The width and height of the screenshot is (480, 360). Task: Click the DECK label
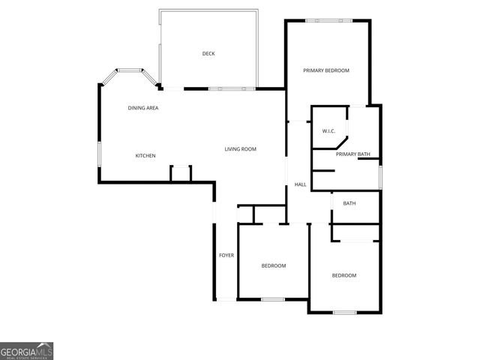pyautogui.click(x=208, y=53)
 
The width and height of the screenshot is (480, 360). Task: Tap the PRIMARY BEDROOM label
pyautogui.click(x=326, y=70)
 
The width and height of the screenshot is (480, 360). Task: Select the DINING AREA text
pyautogui.click(x=142, y=108)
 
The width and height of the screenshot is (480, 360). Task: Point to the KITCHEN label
pyautogui.click(x=145, y=155)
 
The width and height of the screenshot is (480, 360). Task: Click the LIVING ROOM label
pyautogui.click(x=241, y=149)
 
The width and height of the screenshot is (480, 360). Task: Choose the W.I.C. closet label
pyautogui.click(x=328, y=131)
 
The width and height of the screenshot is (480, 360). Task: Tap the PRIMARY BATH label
pyautogui.click(x=352, y=154)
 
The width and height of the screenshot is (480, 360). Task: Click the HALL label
pyautogui.click(x=300, y=184)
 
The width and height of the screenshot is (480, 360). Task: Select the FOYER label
pyautogui.click(x=226, y=256)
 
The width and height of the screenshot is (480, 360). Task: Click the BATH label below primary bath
pyautogui.click(x=349, y=204)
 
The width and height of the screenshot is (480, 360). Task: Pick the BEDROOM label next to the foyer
pyautogui.click(x=274, y=265)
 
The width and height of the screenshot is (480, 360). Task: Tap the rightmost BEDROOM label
pyautogui.click(x=344, y=275)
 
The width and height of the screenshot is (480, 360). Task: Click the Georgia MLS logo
pyautogui.click(x=26, y=350)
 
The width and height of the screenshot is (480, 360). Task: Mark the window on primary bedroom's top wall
pyautogui.click(x=328, y=20)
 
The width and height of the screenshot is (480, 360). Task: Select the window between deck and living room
pyautogui.click(x=226, y=89)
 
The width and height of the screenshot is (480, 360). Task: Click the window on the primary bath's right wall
pyautogui.click(x=380, y=176)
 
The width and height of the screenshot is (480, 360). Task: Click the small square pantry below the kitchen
pyautogui.click(x=181, y=173)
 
